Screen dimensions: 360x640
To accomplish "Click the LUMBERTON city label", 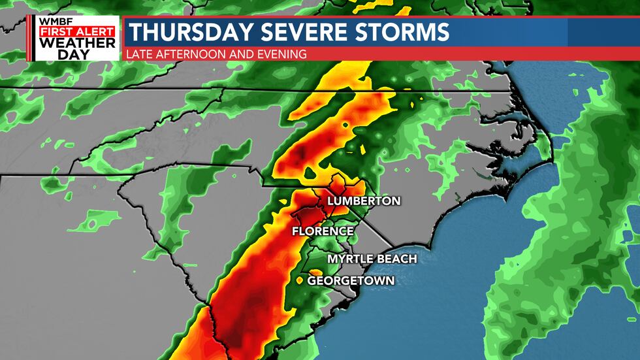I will click(x=364, y=201).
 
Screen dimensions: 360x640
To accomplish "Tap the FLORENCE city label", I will click(x=323, y=231).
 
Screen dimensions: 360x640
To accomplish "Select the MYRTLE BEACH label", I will click(x=372, y=259).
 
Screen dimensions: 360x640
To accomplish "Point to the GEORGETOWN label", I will click(x=351, y=280).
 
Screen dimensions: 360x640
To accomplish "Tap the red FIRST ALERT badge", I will click(x=76, y=31).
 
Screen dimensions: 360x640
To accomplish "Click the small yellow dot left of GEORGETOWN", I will click(x=300, y=281).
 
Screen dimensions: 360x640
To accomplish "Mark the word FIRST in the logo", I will click(x=56, y=31).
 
